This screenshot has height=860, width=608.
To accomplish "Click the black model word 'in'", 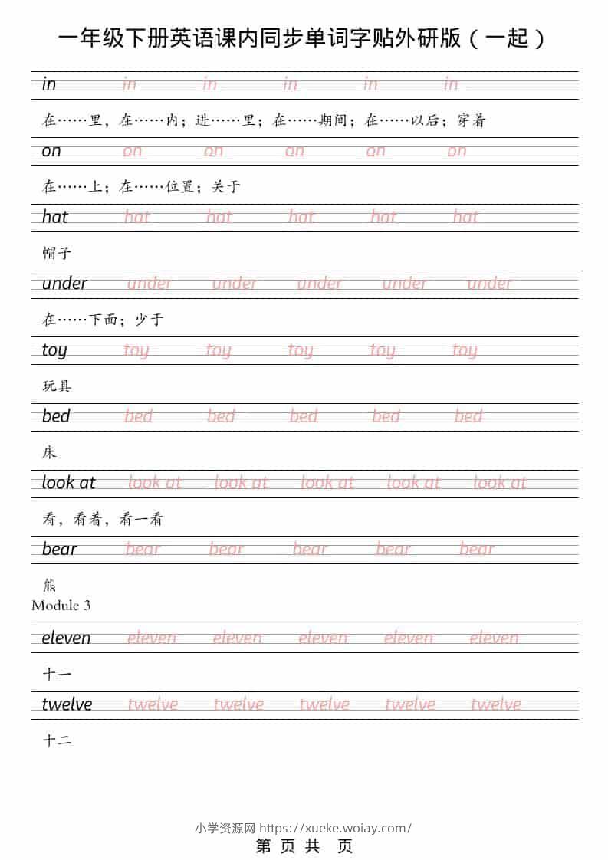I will (49, 84).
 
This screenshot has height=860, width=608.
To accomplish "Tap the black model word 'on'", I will (51, 150).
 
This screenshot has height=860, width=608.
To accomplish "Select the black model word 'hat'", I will (55, 217).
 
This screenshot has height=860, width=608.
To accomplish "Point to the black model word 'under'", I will (64, 284).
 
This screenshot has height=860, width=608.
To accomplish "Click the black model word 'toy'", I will (54, 350).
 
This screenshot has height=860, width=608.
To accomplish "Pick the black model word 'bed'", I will (56, 416).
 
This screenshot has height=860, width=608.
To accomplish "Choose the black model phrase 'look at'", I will (68, 482).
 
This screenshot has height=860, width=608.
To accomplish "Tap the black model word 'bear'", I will (60, 549).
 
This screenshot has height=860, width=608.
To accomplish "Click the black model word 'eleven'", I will (66, 638).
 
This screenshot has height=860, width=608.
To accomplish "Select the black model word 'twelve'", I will (67, 704).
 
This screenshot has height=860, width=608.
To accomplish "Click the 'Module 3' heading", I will (61, 606).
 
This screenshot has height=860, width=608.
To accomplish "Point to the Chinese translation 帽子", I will (57, 253).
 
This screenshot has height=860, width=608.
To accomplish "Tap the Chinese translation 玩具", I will (57, 386).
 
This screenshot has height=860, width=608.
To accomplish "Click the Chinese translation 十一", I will (57, 675).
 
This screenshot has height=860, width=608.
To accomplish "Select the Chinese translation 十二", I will (57, 740).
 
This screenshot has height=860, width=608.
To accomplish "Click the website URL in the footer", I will (335, 828).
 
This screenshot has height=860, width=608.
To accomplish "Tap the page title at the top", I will (304, 38).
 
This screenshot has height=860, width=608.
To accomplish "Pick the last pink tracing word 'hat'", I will (465, 217).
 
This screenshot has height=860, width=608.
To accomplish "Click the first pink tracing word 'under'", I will (150, 284).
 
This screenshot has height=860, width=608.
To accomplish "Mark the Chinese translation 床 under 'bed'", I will (49, 452).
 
